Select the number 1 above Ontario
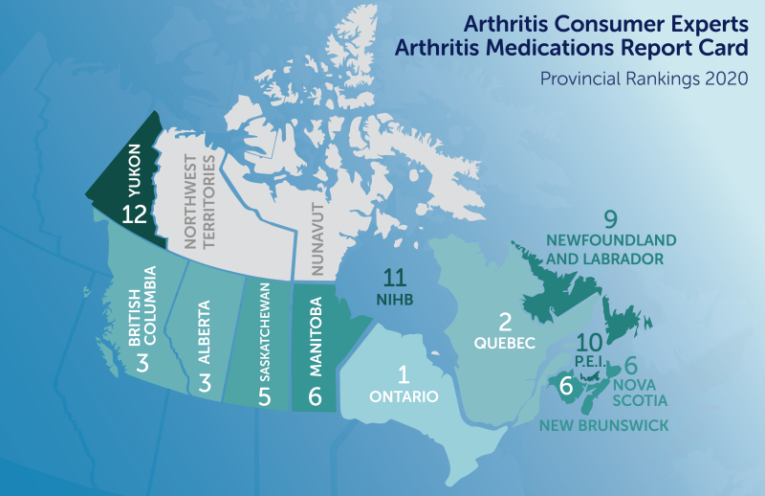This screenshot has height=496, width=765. [403, 374]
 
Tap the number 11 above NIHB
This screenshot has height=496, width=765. [396, 279]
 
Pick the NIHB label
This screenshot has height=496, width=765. [394, 301]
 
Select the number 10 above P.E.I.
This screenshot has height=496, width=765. [590, 341]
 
